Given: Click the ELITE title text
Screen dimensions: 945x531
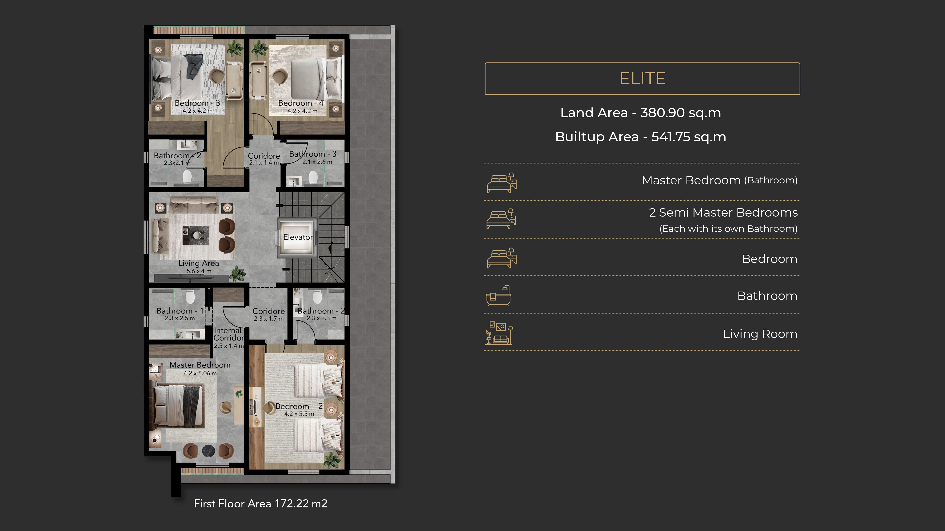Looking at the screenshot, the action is [x=642, y=78].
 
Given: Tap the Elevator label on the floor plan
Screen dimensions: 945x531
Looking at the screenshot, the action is [x=298, y=237].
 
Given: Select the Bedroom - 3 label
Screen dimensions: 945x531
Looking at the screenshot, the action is [x=197, y=103].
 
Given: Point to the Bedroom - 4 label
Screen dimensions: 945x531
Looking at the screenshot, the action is [x=301, y=103].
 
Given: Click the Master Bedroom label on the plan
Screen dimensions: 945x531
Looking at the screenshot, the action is [x=200, y=365].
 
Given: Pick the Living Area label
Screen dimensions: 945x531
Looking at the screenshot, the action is [x=199, y=263].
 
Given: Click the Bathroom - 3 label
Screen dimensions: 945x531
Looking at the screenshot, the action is [x=313, y=154].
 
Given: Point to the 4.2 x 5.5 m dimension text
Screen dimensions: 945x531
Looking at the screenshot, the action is [x=299, y=414].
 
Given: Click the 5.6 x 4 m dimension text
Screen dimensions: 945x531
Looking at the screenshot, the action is [x=199, y=271].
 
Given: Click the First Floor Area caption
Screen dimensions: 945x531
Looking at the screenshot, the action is [x=260, y=503].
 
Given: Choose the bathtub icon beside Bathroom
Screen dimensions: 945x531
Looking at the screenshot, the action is [x=498, y=295].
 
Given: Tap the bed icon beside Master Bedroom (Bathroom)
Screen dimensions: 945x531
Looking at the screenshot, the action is [x=502, y=183].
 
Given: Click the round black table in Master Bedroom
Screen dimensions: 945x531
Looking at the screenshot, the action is [x=208, y=451].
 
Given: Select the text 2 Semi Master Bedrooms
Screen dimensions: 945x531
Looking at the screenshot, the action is [x=723, y=213].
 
